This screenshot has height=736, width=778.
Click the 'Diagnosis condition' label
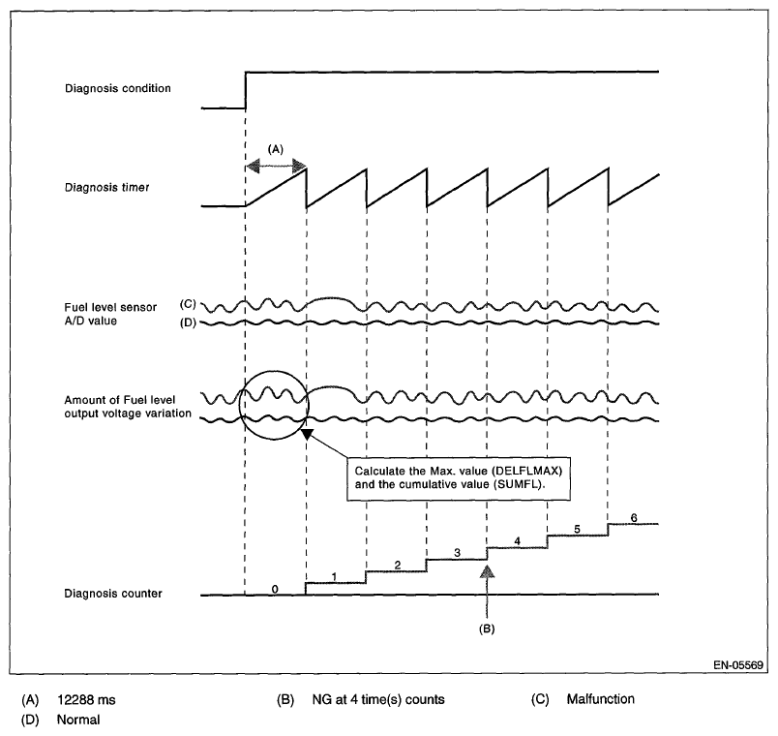[x=118, y=89]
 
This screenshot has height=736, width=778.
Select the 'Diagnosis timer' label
[x=106, y=188]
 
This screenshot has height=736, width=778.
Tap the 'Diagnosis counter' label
[x=112, y=594]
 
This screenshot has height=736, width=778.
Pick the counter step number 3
[x=456, y=552]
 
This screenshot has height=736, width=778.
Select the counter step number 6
[x=633, y=517]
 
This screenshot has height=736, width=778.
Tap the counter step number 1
[x=335, y=576]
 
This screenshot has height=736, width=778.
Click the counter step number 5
[x=577, y=529]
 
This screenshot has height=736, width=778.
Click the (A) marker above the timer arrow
[x=276, y=150]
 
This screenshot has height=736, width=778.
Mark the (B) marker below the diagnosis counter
[x=488, y=628]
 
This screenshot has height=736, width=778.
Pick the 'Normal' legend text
[x=77, y=720]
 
